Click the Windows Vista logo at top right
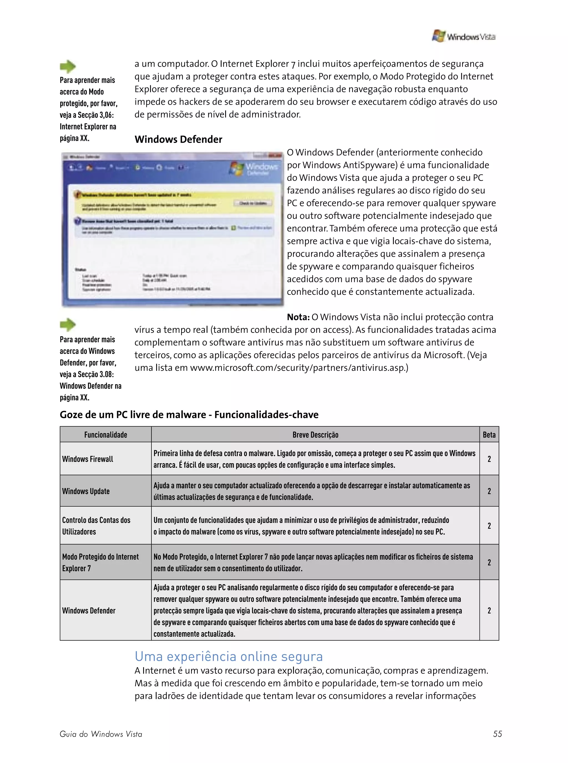pos(463,36)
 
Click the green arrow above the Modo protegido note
pos(68,66)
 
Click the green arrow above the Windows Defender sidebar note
pos(68,324)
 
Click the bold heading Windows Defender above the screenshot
pos(178,139)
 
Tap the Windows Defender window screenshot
pos(173,230)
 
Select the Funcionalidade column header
pos(106,435)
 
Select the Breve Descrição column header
pos(315,435)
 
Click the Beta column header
pos(489,435)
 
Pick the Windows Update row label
pos(86,491)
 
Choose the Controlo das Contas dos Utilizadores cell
pos(96,526)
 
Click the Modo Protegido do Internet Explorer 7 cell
pos(100,562)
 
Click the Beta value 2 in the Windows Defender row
pos(489,611)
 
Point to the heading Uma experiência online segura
pos(229,656)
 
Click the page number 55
pos(497,734)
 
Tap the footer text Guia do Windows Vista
pos(101,734)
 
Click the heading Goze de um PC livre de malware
pos(189,414)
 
